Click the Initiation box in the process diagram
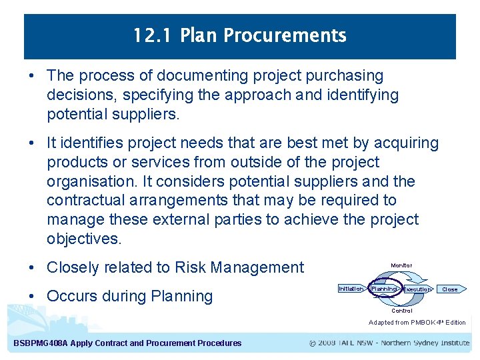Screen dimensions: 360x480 [x=351, y=289]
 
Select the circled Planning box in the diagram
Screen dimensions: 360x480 [x=384, y=289]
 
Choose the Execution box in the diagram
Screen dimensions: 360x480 [x=417, y=289]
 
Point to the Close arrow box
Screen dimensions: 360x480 [x=451, y=289]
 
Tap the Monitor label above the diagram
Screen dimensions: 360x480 [x=401, y=266]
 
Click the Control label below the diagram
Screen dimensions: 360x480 [x=401, y=311]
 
